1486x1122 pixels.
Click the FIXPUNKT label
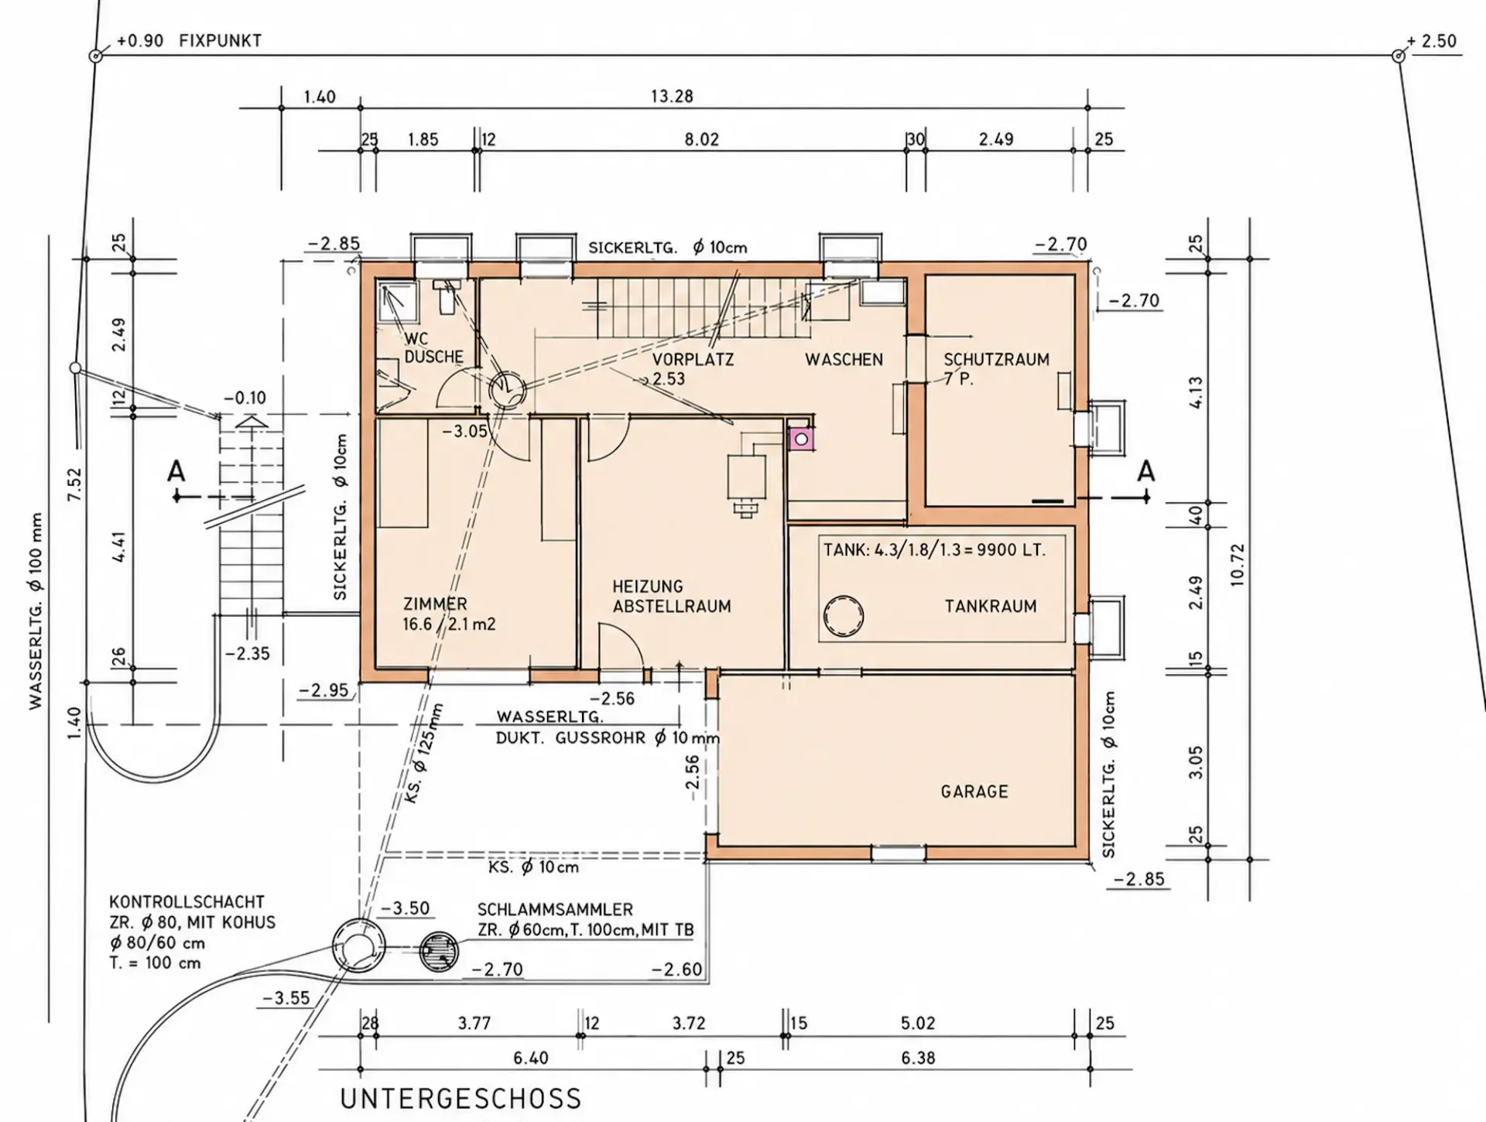(221, 41)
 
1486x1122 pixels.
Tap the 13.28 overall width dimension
(672, 97)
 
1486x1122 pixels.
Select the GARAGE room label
(974, 792)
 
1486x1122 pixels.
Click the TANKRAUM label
(990, 607)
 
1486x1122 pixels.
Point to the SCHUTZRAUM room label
(996, 360)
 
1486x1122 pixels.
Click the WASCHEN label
(844, 360)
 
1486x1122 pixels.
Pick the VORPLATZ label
(693, 360)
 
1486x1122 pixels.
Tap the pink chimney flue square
(801, 439)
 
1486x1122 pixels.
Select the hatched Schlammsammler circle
(439, 951)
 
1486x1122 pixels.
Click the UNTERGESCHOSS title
(461, 1099)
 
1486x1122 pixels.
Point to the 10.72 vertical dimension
(1238, 565)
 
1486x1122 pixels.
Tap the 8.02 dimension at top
(701, 140)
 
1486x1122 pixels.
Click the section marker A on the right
(1145, 471)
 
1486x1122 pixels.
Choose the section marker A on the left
(176, 471)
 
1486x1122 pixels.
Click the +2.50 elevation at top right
(1432, 41)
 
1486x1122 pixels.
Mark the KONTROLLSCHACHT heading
(187, 902)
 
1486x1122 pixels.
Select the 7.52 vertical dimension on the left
(74, 484)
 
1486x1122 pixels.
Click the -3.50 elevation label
(406, 908)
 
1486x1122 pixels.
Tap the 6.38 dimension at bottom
(918, 1058)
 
